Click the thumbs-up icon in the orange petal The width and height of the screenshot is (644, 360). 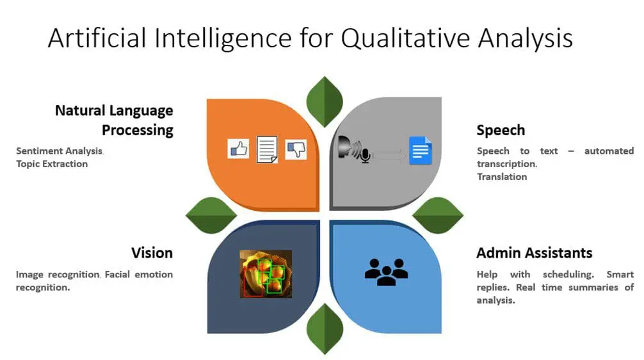click(238, 149)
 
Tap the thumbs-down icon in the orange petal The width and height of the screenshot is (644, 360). click(296, 149)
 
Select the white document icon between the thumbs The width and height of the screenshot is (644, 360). click(267, 150)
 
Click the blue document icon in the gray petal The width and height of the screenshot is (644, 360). click(421, 151)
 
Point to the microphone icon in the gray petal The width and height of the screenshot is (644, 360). click(365, 156)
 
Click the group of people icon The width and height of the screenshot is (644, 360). click(386, 272)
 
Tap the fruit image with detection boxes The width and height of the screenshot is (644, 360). click(266, 274)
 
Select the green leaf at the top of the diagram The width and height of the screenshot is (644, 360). click(325, 101)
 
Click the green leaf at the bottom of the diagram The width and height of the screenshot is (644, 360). click(325, 329)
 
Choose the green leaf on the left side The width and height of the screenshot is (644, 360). click(211, 215)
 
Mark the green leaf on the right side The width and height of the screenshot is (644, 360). click(438, 215)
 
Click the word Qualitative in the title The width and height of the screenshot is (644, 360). click(406, 39)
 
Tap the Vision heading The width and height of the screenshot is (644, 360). click(152, 253)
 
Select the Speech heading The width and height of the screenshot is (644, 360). click(501, 131)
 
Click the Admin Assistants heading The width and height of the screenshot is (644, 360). click(535, 253)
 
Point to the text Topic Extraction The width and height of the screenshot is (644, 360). click(52, 164)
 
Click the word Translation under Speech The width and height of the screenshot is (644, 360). click(502, 177)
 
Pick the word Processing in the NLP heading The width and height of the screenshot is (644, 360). click(138, 131)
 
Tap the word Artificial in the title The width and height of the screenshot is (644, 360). click(97, 38)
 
